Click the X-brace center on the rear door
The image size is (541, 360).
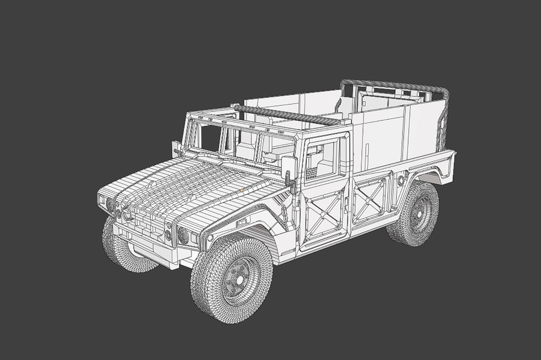(x=370, y=200)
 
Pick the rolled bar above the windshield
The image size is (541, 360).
(x=291, y=115)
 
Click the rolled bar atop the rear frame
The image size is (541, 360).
(x=394, y=85)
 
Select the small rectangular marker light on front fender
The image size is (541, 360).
(x=241, y=223)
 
